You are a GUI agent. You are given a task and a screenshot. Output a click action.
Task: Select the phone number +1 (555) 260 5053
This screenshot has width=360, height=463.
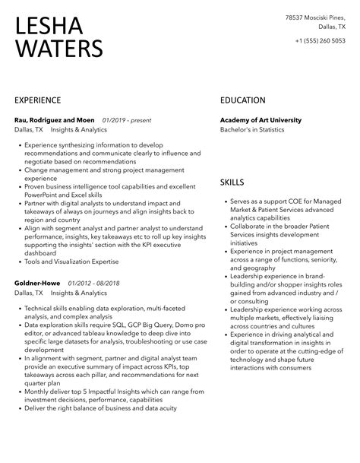point(318,40)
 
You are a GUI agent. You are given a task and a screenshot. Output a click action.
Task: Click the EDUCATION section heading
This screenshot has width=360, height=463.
point(243,100)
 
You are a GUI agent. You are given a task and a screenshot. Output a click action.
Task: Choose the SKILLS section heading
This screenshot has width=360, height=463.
point(232,183)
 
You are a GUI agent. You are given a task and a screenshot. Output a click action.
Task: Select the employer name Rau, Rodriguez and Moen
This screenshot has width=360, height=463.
point(53,120)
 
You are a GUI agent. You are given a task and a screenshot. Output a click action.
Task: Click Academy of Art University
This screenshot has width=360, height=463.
point(261,120)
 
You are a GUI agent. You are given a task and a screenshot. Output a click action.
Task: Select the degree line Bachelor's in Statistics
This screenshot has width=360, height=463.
point(252,130)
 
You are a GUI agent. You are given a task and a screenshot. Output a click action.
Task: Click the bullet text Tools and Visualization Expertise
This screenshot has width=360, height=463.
point(71,262)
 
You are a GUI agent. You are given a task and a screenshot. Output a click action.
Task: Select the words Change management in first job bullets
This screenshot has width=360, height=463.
point(55,171)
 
